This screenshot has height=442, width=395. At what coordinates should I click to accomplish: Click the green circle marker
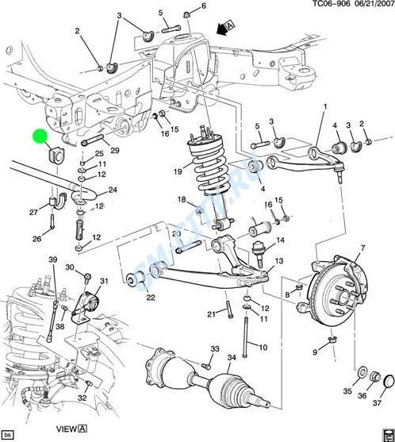40,136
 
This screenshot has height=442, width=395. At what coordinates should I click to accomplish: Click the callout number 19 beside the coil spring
178,171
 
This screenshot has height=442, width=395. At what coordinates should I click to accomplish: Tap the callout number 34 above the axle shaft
232,357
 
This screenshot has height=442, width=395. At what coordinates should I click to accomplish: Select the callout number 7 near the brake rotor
362,248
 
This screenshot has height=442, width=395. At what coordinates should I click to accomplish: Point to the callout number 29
115,150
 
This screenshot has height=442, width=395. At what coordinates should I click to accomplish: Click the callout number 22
151,297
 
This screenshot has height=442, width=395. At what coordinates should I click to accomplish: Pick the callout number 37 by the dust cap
377,403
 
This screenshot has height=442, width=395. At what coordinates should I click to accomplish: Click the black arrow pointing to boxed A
222,30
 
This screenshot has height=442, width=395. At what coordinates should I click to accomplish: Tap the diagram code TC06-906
332,4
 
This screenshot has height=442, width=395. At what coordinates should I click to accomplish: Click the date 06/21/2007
374,4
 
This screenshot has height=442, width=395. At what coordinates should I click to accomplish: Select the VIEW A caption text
71,429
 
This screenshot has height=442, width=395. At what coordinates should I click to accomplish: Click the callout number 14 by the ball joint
280,240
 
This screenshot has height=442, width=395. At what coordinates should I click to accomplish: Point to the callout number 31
104,281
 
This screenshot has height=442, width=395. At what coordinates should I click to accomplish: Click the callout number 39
52,259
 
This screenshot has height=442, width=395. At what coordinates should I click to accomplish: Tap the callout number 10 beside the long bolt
263,347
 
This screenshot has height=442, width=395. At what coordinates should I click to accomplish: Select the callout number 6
204,6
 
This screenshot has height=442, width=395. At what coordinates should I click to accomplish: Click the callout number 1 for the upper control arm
325,107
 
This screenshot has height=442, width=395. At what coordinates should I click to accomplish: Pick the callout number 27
33,212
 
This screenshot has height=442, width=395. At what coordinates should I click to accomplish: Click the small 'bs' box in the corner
8,433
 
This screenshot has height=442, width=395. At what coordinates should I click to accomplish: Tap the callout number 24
113,190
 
